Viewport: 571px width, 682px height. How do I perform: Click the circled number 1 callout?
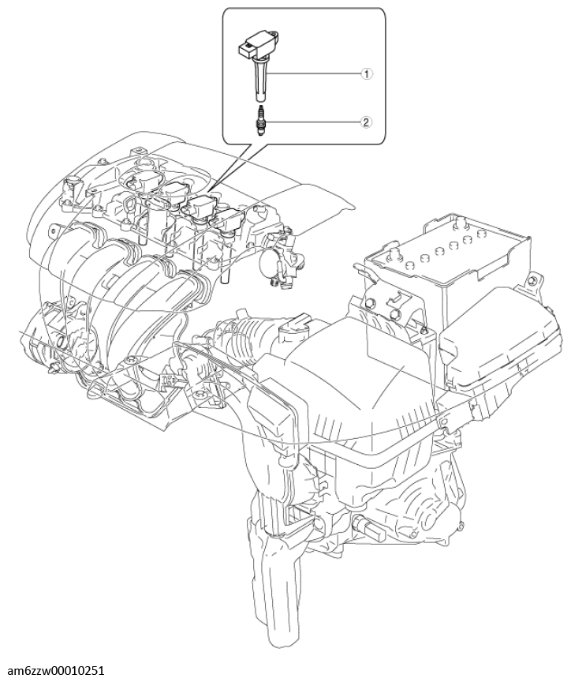[366, 74]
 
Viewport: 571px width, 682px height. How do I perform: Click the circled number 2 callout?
[366, 122]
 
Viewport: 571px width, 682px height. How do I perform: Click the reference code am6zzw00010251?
[56, 671]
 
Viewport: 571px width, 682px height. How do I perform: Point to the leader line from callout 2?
[312, 122]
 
